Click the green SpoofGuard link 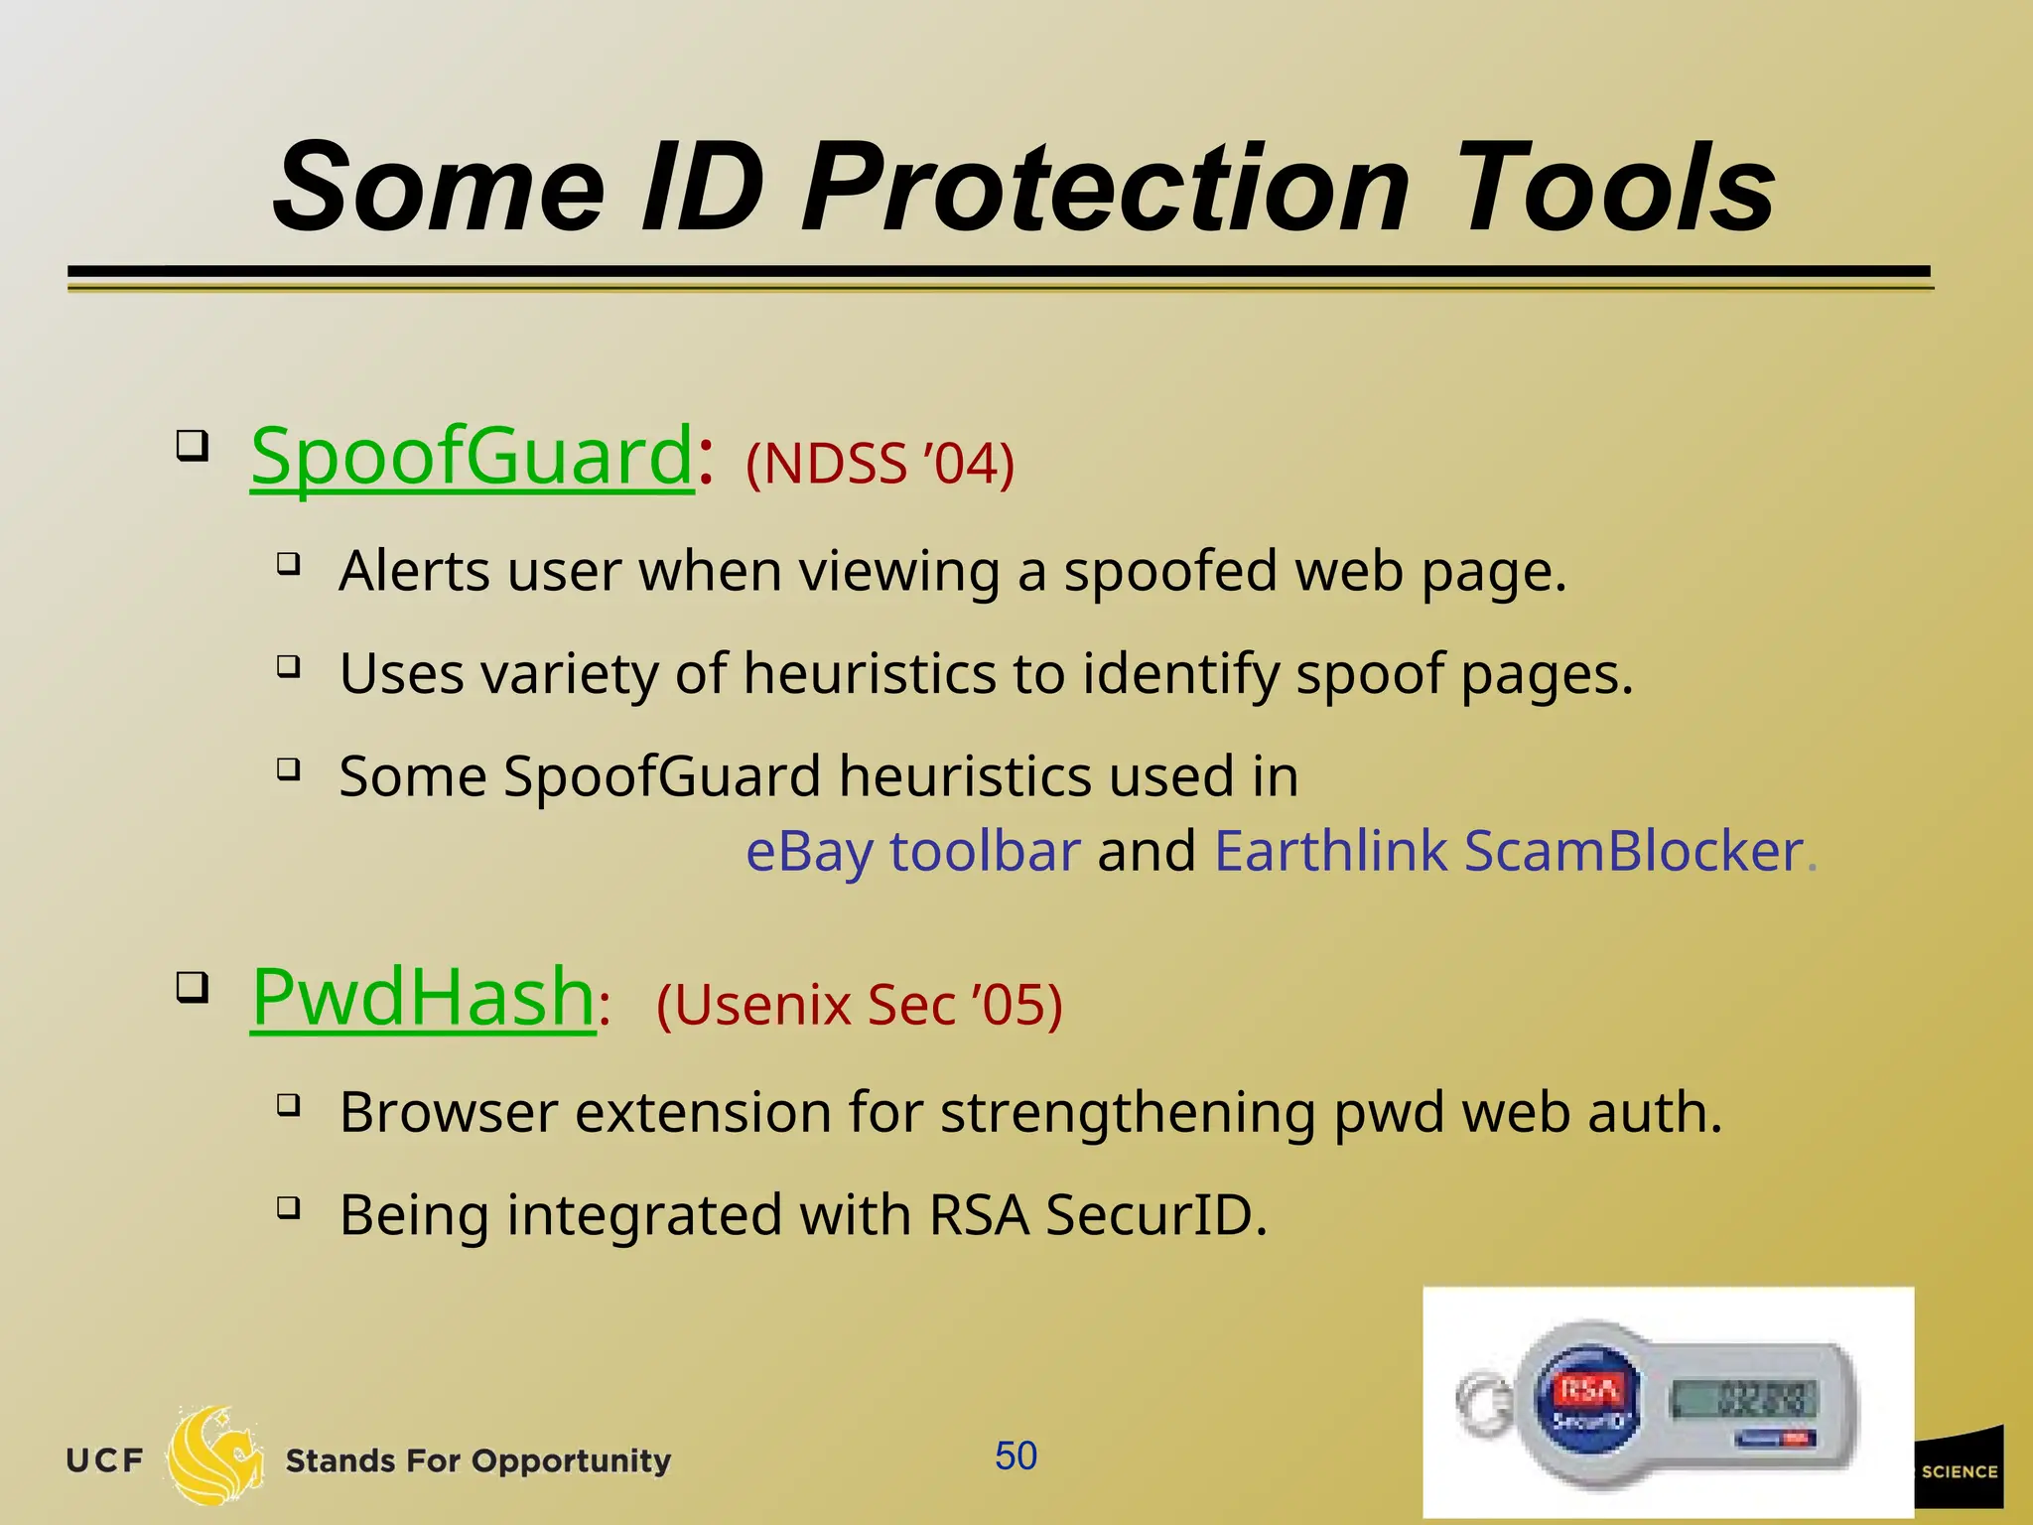472,457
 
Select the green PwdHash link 423,998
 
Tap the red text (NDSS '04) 880,464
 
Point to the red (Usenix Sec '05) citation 859,1005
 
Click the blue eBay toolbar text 912,851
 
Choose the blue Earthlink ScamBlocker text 1508,851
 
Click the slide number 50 1016,1456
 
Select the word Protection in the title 1105,189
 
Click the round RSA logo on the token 1586,1400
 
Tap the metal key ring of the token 1483,1402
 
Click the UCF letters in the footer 104,1461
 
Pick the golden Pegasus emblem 215,1456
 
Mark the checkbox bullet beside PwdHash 193,987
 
